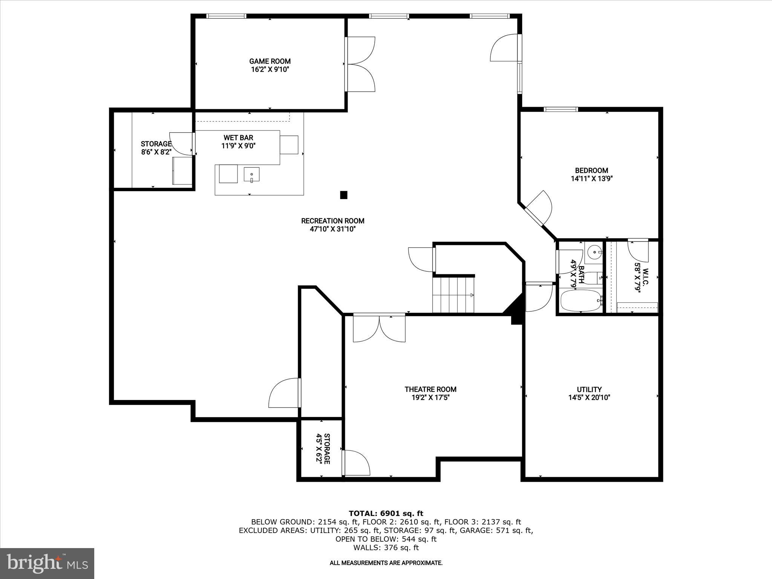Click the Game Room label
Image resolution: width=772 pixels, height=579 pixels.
pyautogui.click(x=270, y=61)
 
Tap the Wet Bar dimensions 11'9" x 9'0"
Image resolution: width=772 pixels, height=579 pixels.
pyautogui.click(x=238, y=146)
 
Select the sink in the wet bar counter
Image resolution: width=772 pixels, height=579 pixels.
pyautogui.click(x=251, y=175)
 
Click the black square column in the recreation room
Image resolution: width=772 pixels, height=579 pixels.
pyautogui.click(x=343, y=195)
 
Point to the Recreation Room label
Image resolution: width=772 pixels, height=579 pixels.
pyautogui.click(x=332, y=221)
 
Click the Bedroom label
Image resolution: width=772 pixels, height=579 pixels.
pyautogui.click(x=591, y=170)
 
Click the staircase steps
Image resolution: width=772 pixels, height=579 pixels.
pyautogui.click(x=453, y=295)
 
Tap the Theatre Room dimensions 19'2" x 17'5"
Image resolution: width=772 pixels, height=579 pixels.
pyautogui.click(x=430, y=397)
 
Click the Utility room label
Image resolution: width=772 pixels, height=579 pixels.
pyautogui.click(x=589, y=389)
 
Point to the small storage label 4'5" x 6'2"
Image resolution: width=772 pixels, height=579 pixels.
pyautogui.click(x=323, y=449)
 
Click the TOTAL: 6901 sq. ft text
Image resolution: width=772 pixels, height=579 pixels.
pyautogui.click(x=386, y=513)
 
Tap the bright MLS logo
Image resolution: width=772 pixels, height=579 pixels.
pyautogui.click(x=47, y=563)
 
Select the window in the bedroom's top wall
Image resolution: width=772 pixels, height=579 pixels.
pyautogui.click(x=561, y=109)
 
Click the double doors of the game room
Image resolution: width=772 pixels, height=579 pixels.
pyautogui.click(x=360, y=64)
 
